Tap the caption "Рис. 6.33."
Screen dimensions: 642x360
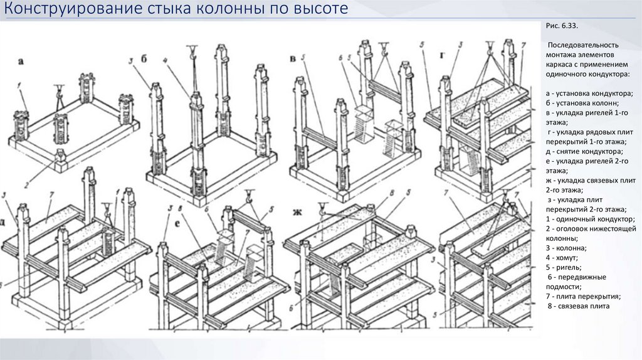pos(562,26)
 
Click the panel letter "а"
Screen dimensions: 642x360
pos(21,62)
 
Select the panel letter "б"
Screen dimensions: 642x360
pos(144,60)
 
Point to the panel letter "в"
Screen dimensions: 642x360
pos(293,59)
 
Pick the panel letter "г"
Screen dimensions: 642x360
pos(443,55)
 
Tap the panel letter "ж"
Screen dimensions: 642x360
pos(297,212)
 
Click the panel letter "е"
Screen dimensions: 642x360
pos(177,225)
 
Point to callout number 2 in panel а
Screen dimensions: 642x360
pos(26,185)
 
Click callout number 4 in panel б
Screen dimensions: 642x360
pos(166,60)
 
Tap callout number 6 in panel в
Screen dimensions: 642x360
pos(340,58)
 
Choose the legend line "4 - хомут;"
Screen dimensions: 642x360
pos(561,258)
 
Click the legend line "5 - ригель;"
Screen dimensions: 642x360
pos(564,267)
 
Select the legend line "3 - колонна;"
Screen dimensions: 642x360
pos(566,248)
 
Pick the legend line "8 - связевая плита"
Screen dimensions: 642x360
pos(579,306)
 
